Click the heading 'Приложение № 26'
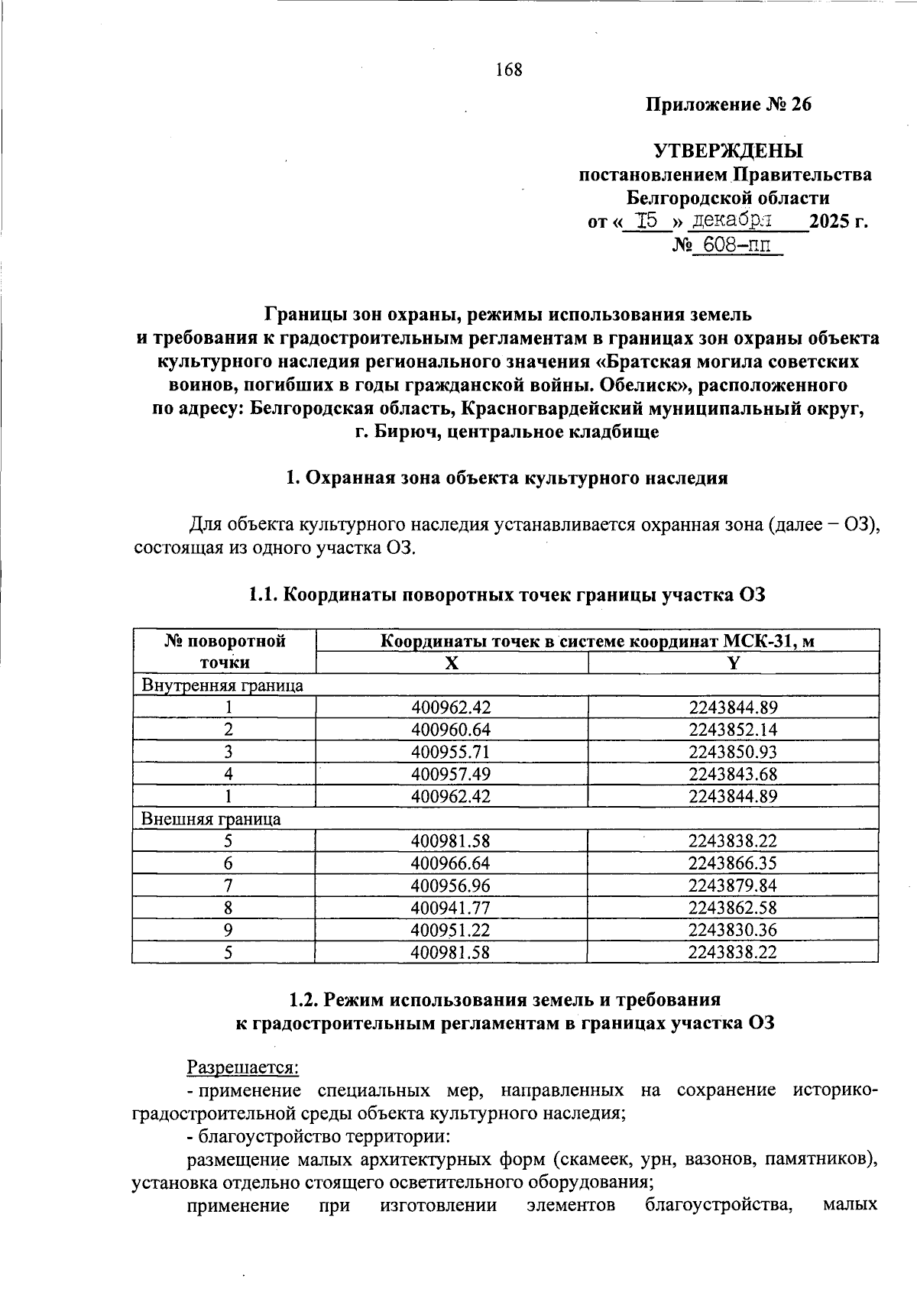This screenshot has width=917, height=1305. (728, 105)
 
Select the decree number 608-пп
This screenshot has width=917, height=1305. (736, 246)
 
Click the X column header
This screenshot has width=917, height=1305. (452, 662)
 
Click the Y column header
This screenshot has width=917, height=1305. (733, 662)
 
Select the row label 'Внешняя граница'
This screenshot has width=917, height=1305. (211, 819)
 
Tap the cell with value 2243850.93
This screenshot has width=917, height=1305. (732, 752)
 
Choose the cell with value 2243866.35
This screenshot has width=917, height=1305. (732, 863)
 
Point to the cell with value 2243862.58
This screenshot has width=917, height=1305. (732, 908)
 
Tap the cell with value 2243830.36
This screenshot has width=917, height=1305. (732, 930)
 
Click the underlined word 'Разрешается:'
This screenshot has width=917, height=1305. (243, 1067)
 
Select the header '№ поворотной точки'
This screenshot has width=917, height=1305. (225, 651)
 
